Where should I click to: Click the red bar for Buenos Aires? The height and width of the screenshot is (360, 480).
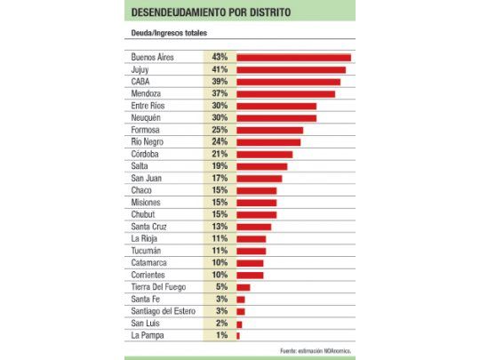pyautogui.click(x=293, y=58)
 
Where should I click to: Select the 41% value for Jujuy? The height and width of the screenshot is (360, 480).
pyautogui.click(x=220, y=69)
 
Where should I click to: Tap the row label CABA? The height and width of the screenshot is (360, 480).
pyautogui.click(x=140, y=82)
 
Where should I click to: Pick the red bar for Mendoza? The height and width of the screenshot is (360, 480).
pyautogui.click(x=285, y=93)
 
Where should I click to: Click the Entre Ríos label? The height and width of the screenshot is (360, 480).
pyautogui.click(x=148, y=106)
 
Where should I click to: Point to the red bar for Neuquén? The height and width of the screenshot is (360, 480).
pyautogui.click(x=276, y=117)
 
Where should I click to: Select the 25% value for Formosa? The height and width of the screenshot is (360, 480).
pyautogui.click(x=220, y=130)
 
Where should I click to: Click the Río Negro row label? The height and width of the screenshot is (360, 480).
pyautogui.click(x=148, y=141)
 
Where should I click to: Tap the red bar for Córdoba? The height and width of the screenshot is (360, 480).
pyautogui.click(x=264, y=154)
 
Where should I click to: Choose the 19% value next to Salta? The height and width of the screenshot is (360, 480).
pyautogui.click(x=220, y=166)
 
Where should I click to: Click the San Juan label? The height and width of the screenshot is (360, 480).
pyautogui.click(x=146, y=178)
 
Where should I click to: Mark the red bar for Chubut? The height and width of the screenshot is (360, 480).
pyautogui.click(x=256, y=214)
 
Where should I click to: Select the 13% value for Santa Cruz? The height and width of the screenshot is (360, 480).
pyautogui.click(x=220, y=227)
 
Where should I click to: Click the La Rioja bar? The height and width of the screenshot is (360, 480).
pyautogui.click(x=251, y=239)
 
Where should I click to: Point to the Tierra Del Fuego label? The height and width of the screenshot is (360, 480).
pyautogui.click(x=157, y=287)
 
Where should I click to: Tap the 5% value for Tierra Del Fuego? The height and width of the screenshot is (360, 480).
pyautogui.click(x=220, y=287)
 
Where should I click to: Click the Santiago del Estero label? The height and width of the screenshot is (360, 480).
pyautogui.click(x=164, y=311)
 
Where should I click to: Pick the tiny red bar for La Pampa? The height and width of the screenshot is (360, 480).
pyautogui.click(x=238, y=335)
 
